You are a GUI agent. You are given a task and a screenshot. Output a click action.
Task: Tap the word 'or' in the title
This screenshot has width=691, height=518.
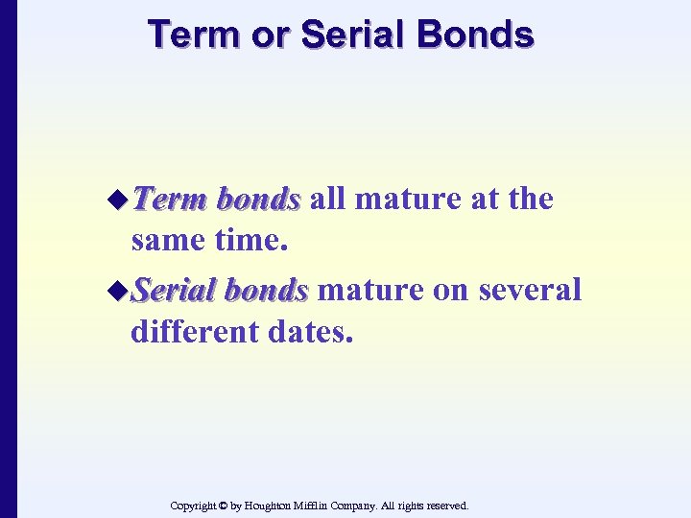click(x=269, y=35)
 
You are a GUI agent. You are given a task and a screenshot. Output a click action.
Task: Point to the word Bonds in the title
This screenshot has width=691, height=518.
click(x=478, y=35)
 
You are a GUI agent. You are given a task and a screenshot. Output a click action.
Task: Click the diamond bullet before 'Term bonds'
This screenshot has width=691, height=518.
click(x=119, y=200)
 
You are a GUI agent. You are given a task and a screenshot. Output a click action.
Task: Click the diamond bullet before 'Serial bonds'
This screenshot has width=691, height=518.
click(x=119, y=289)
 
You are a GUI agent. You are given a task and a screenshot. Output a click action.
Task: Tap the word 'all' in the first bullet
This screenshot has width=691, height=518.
click(x=326, y=200)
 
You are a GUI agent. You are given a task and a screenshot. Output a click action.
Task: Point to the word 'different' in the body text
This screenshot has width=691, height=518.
click(x=192, y=333)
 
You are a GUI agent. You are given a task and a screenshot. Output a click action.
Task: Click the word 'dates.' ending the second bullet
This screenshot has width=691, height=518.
click(x=309, y=333)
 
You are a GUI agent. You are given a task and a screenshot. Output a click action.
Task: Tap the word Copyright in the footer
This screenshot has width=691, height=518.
click(x=193, y=505)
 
